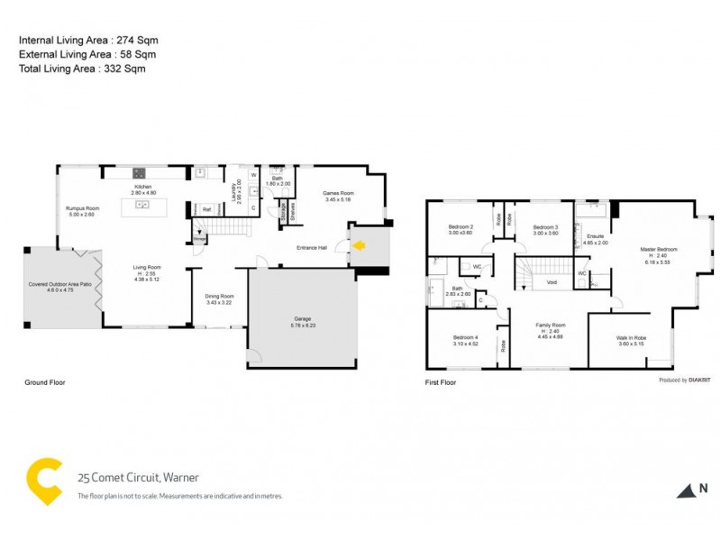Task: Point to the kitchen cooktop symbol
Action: point(141,173)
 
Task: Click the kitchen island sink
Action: point(141,205)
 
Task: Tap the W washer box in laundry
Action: point(253,175)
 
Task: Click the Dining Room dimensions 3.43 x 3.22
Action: point(219,302)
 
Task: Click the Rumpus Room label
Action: point(82,208)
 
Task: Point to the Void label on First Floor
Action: point(552,282)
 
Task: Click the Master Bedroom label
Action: point(658,248)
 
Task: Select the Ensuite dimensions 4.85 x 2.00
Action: point(596,243)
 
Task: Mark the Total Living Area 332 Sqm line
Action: point(82,68)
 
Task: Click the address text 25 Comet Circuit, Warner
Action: point(138,478)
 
